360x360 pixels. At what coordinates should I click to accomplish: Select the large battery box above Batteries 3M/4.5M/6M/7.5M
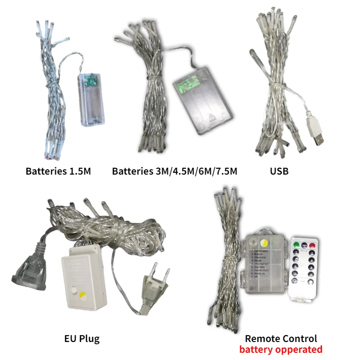203,105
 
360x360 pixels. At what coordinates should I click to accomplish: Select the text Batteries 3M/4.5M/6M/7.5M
175,171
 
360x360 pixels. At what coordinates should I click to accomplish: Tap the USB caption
279,171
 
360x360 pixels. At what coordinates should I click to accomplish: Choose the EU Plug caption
82,338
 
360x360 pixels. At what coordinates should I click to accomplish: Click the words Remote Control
281,338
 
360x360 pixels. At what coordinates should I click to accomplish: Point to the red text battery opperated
281,350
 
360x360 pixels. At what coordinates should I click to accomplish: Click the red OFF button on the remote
312,246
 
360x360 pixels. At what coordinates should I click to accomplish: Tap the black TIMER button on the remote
304,246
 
